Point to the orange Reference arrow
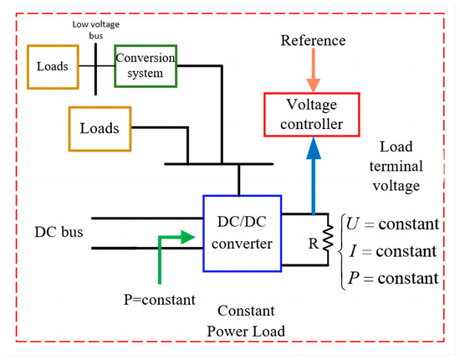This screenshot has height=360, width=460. point(314,69)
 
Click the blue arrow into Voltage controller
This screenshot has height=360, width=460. point(314,176)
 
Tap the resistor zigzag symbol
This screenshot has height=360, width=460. point(329,238)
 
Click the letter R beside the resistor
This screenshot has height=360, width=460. point(314,244)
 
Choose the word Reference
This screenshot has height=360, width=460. point(313,40)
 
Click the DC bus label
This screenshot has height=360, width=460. point(59,232)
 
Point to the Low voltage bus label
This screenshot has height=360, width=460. point(96,30)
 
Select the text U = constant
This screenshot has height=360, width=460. point(392,224)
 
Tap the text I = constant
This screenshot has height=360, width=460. point(393,251)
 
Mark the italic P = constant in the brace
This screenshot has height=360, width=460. point(393,278)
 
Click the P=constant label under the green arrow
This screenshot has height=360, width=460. point(160,300)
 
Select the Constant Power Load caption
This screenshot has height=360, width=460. point(246,321)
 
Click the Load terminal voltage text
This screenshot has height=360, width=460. point(396,167)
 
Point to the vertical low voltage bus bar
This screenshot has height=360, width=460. point(95,69)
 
